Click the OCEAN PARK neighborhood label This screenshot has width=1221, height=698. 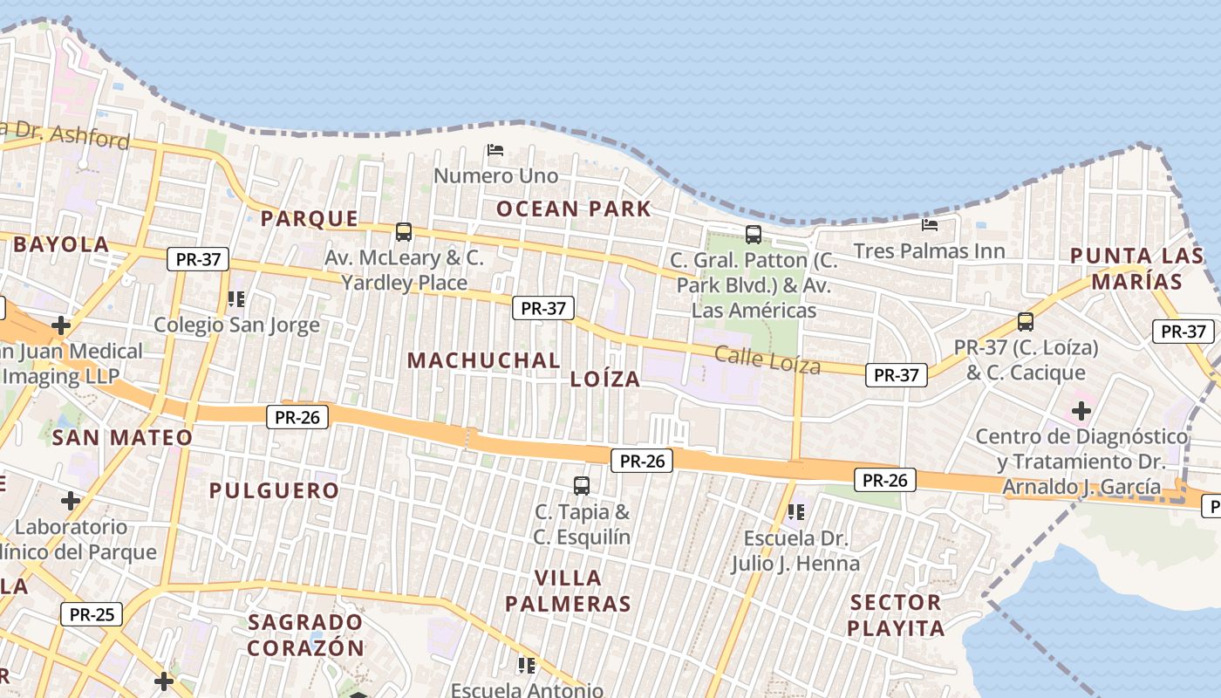pyautogui.click(x=574, y=209)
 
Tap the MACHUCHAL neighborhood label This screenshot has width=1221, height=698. pyautogui.click(x=484, y=360)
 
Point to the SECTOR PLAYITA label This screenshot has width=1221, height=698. pyautogui.click(x=896, y=615)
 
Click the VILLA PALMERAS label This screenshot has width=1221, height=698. pyautogui.click(x=568, y=591)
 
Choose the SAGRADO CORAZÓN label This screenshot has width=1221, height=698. pyautogui.click(x=305, y=635)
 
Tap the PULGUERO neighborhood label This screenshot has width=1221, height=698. pyautogui.click(x=274, y=490)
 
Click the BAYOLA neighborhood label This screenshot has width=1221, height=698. pyautogui.click(x=61, y=244)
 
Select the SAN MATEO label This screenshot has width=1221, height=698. pyautogui.click(x=122, y=437)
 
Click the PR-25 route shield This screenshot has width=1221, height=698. pyautogui.click(x=92, y=614)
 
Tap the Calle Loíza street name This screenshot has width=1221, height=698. pyautogui.click(x=767, y=359)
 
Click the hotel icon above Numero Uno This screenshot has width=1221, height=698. pyautogui.click(x=495, y=150)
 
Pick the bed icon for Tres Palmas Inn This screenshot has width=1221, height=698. pyautogui.click(x=930, y=225)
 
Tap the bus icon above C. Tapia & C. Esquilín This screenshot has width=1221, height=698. pyautogui.click(x=582, y=485)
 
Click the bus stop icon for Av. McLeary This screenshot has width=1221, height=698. pyautogui.click(x=404, y=231)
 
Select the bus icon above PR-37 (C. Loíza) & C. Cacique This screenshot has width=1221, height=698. pyautogui.click(x=1026, y=321)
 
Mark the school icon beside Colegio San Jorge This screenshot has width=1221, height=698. pyautogui.click(x=235, y=299)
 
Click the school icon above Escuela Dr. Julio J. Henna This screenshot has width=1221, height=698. pyautogui.click(x=795, y=511)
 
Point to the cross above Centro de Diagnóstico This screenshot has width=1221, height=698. pyautogui.click(x=1081, y=410)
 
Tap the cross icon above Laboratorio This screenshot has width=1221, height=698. pyautogui.click(x=71, y=501)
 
